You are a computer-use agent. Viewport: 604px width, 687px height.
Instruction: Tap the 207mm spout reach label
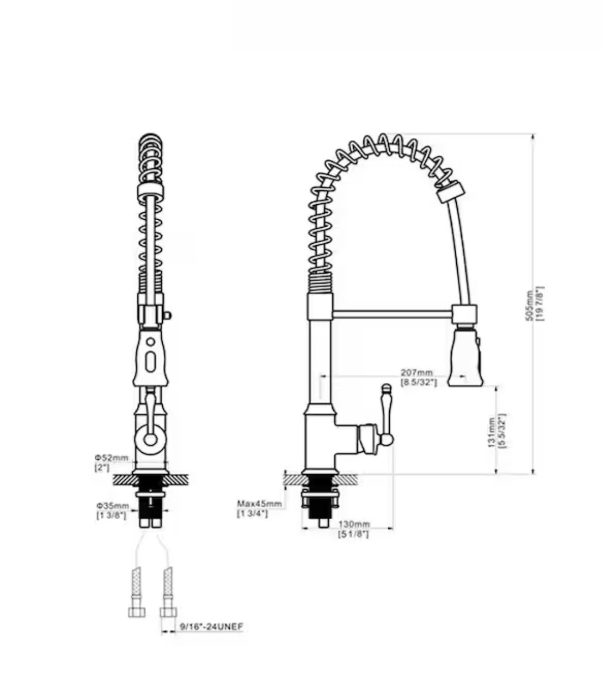tap(417, 373)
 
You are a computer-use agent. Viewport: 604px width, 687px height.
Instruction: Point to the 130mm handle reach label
tap(354, 524)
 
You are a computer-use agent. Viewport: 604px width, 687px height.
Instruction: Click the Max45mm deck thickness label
tap(259, 504)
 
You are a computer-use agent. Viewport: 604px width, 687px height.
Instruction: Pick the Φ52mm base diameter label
tap(112, 458)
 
